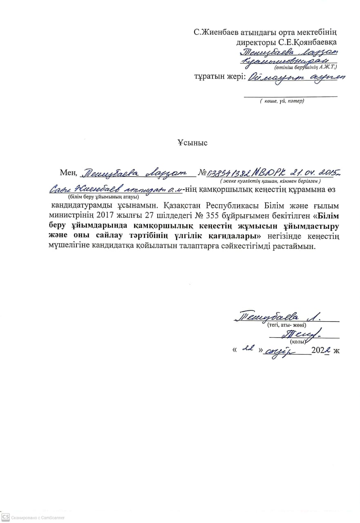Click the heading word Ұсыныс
coord(192,143)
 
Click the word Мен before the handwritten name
coord(67,172)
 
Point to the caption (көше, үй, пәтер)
coord(282,101)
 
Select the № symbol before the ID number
coord(202,173)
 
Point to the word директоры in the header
coord(255,42)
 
